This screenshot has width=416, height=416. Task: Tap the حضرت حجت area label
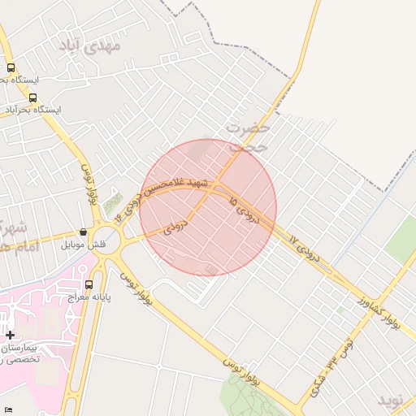click(247, 136)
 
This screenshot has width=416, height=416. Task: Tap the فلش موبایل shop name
click(85, 245)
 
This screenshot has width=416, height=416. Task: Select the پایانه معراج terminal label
click(118, 297)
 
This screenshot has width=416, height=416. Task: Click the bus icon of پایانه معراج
click(89, 284)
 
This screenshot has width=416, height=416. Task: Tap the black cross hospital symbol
click(10, 335)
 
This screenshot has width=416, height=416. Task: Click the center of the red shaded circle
click(208, 207)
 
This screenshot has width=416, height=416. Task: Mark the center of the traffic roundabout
click(105, 240)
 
